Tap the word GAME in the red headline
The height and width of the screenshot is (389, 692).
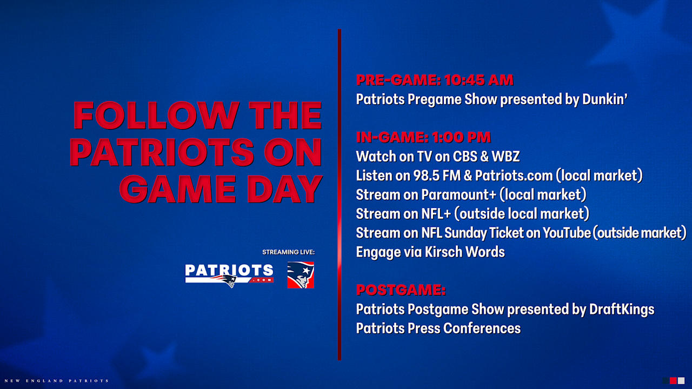pyautogui.click(x=176, y=189)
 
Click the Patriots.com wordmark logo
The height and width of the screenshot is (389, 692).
pyautogui.click(x=229, y=275)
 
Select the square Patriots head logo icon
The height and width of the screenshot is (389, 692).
pyautogui.click(x=301, y=275)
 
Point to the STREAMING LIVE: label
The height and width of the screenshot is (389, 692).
pyautogui.click(x=288, y=252)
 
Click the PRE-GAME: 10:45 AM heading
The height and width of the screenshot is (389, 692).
pyautogui.click(x=434, y=80)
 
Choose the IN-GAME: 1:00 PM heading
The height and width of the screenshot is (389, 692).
pyautogui.click(x=423, y=137)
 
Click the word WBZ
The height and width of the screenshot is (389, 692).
pyautogui.click(x=505, y=157)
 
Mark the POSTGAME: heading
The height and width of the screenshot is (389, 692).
pyautogui.click(x=401, y=290)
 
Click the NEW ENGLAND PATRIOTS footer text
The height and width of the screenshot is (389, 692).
pyautogui.click(x=55, y=381)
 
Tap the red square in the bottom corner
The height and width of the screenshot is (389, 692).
pyautogui.click(x=673, y=380)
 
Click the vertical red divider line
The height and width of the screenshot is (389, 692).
pyautogui.click(x=340, y=194)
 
